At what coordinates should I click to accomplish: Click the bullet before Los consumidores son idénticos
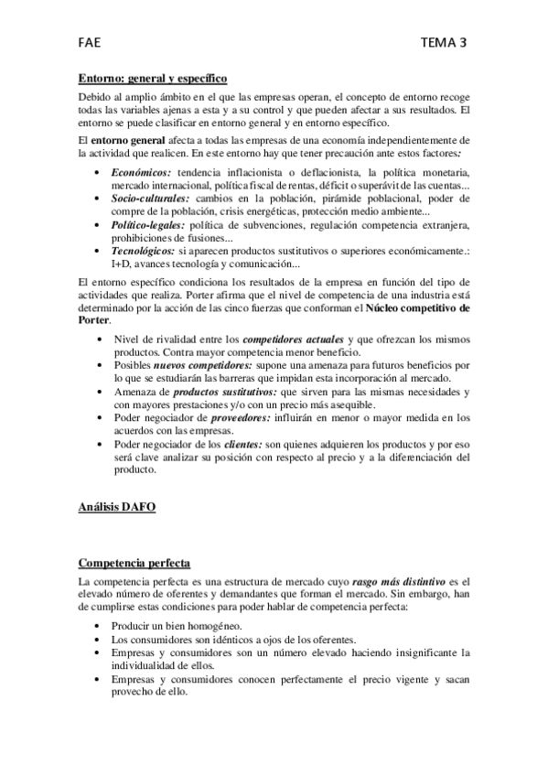(x=99, y=640)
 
